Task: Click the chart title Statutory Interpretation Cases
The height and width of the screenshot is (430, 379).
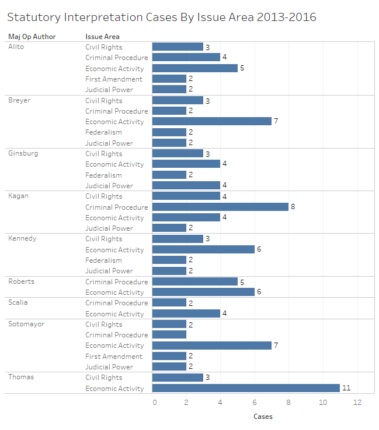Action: point(162,17)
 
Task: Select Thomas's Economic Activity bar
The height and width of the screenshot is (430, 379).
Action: point(246,388)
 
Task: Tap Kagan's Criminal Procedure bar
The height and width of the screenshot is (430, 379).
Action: point(220,207)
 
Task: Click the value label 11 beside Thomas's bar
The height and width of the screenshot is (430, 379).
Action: point(346,388)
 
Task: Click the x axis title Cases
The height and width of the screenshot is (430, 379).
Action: point(263,417)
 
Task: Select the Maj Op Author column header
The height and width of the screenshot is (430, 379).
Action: point(32,37)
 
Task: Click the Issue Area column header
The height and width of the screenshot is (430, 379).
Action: point(102,37)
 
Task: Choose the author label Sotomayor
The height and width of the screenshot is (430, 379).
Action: point(26,325)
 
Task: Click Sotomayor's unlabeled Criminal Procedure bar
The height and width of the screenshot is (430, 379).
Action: point(169,335)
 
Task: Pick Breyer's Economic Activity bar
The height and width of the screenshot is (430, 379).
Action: point(212,122)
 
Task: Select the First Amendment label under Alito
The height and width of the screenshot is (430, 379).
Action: point(113,79)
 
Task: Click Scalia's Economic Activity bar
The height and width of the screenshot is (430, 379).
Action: point(186,314)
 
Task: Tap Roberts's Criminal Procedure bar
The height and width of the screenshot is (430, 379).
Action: point(195,282)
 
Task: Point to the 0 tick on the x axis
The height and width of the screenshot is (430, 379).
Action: point(154,403)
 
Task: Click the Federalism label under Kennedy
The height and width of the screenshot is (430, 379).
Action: point(103,260)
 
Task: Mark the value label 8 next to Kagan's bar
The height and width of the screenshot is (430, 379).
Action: point(293,207)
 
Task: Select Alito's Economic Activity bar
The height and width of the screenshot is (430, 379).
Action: point(195,68)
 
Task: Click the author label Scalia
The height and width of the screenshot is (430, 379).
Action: point(18,303)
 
